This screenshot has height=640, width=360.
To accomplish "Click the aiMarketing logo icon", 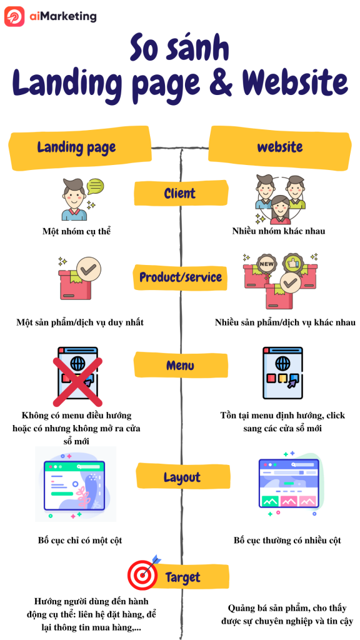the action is pos(14,17).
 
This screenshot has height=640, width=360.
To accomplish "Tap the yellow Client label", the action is pos(180,194).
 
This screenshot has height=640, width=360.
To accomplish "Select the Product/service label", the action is pos(181,277).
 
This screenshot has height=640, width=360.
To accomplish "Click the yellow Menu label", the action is pos(180,365).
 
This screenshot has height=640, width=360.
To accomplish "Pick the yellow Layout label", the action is pos(182,477).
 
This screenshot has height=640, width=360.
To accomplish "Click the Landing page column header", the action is pos(77,147).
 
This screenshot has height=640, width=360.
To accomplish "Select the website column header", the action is pos(280,147).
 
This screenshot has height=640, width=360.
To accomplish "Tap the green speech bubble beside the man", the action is pos(96,187).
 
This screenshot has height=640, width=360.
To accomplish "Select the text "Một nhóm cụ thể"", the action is pos(77,231).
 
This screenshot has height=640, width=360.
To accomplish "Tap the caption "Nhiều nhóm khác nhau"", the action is pos(279,231).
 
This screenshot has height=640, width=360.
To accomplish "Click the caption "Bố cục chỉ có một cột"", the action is pos(80,541).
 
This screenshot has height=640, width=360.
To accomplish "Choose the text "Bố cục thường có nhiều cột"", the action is pos(287,541).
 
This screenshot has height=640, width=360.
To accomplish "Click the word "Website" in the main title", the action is pos(295,83).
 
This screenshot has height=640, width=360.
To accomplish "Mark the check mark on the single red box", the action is pos(89,269).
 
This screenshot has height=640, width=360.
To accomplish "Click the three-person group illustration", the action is pos(280,199).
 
